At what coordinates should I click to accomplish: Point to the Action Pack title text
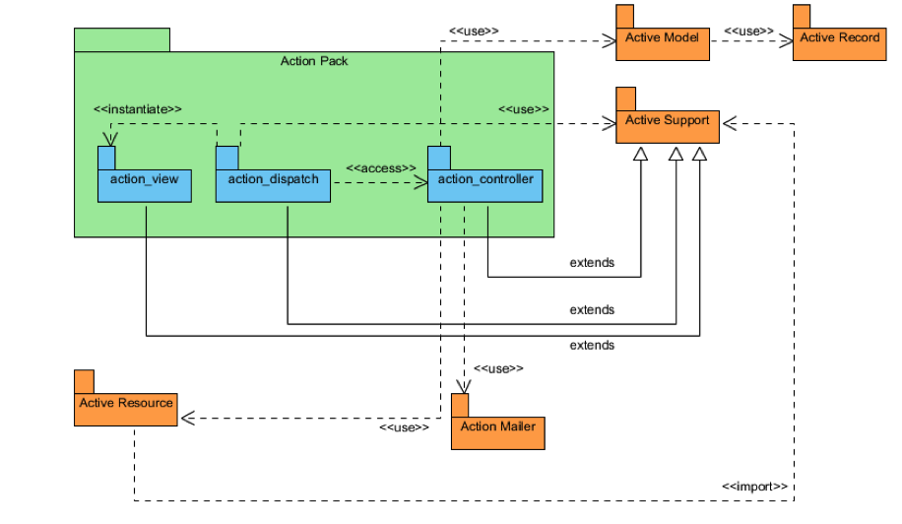314,61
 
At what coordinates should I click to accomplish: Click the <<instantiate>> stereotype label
138,108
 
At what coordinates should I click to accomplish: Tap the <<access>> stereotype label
378,168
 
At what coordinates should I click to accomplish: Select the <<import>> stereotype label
754,487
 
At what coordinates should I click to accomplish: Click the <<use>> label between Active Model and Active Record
749,31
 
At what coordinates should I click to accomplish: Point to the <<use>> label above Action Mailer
498,368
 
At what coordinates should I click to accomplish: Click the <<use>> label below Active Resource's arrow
404,427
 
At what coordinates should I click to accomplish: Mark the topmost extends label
592,263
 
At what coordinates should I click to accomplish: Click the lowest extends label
592,346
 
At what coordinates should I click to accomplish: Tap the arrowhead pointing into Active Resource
186,419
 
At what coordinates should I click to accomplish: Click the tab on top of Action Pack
122,39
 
